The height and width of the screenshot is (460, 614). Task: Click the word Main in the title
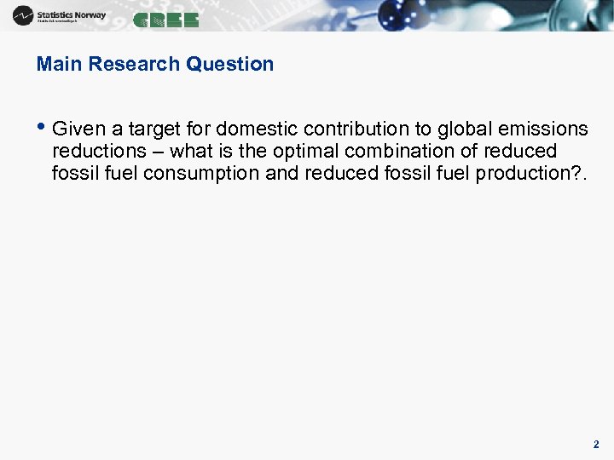[x=59, y=64]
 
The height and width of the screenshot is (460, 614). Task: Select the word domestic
[x=258, y=129]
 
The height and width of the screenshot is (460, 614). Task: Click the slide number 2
[x=596, y=445]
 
